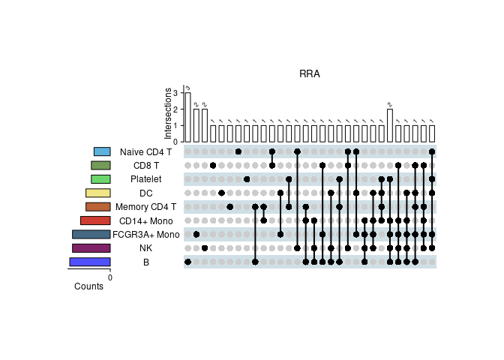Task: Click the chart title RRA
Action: (x=310, y=73)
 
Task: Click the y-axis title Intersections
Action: (x=168, y=113)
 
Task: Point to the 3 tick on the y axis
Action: (x=175, y=93)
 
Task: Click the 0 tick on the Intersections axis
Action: (x=175, y=142)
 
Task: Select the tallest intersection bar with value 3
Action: (x=187, y=117)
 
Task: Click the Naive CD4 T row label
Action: (x=145, y=152)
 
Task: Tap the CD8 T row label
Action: (x=145, y=166)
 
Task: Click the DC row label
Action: (x=145, y=193)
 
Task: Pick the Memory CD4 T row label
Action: (x=145, y=207)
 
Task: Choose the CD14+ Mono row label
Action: (x=145, y=220)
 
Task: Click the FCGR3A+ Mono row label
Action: (x=145, y=234)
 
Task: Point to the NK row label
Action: (x=145, y=247)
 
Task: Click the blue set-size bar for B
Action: (x=90, y=262)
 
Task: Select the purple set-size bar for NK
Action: (x=91, y=247)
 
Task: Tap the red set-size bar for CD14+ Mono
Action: (x=95, y=220)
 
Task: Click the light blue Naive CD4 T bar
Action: (x=102, y=152)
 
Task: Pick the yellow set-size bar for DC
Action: (x=98, y=193)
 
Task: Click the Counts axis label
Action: (x=89, y=286)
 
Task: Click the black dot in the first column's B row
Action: (x=187, y=262)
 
